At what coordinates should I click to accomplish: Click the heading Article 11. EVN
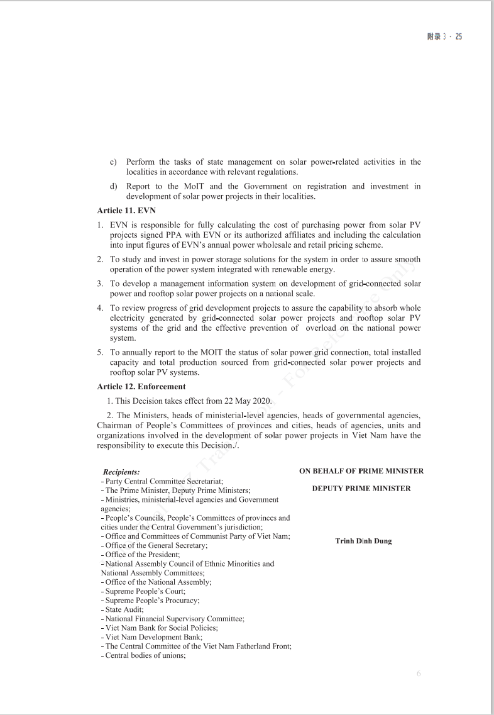click(x=126, y=211)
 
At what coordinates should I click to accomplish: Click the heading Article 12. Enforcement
click(x=141, y=387)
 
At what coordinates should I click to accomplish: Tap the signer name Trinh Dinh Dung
click(x=363, y=541)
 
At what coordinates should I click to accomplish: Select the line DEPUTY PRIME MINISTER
click(x=361, y=489)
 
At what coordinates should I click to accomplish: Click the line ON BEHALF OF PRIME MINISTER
click(x=361, y=471)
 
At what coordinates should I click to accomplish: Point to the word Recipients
click(x=121, y=472)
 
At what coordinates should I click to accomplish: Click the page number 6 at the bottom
click(x=419, y=674)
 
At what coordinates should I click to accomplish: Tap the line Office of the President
click(x=142, y=555)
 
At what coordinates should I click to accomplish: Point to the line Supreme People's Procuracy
click(x=152, y=601)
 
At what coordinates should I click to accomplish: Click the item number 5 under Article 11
click(x=100, y=353)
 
